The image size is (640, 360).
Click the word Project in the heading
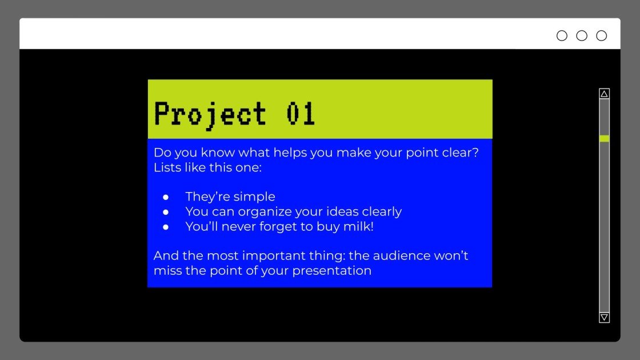click(x=210, y=115)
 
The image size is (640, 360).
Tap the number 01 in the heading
click(x=301, y=114)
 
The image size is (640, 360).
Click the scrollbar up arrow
click(x=604, y=94)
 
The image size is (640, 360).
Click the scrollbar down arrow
click(x=604, y=318)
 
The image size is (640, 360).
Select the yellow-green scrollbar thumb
click(x=604, y=138)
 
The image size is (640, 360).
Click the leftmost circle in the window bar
click(x=562, y=36)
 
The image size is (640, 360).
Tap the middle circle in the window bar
click(x=582, y=36)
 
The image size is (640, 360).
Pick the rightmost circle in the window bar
click(x=602, y=36)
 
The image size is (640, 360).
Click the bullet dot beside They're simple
click(x=166, y=197)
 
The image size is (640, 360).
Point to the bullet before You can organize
click(x=166, y=212)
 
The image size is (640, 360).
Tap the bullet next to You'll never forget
click(x=166, y=227)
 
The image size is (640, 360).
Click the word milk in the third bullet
click(x=358, y=226)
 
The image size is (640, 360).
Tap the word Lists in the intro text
click(x=167, y=167)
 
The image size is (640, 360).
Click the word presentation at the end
click(x=332, y=271)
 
